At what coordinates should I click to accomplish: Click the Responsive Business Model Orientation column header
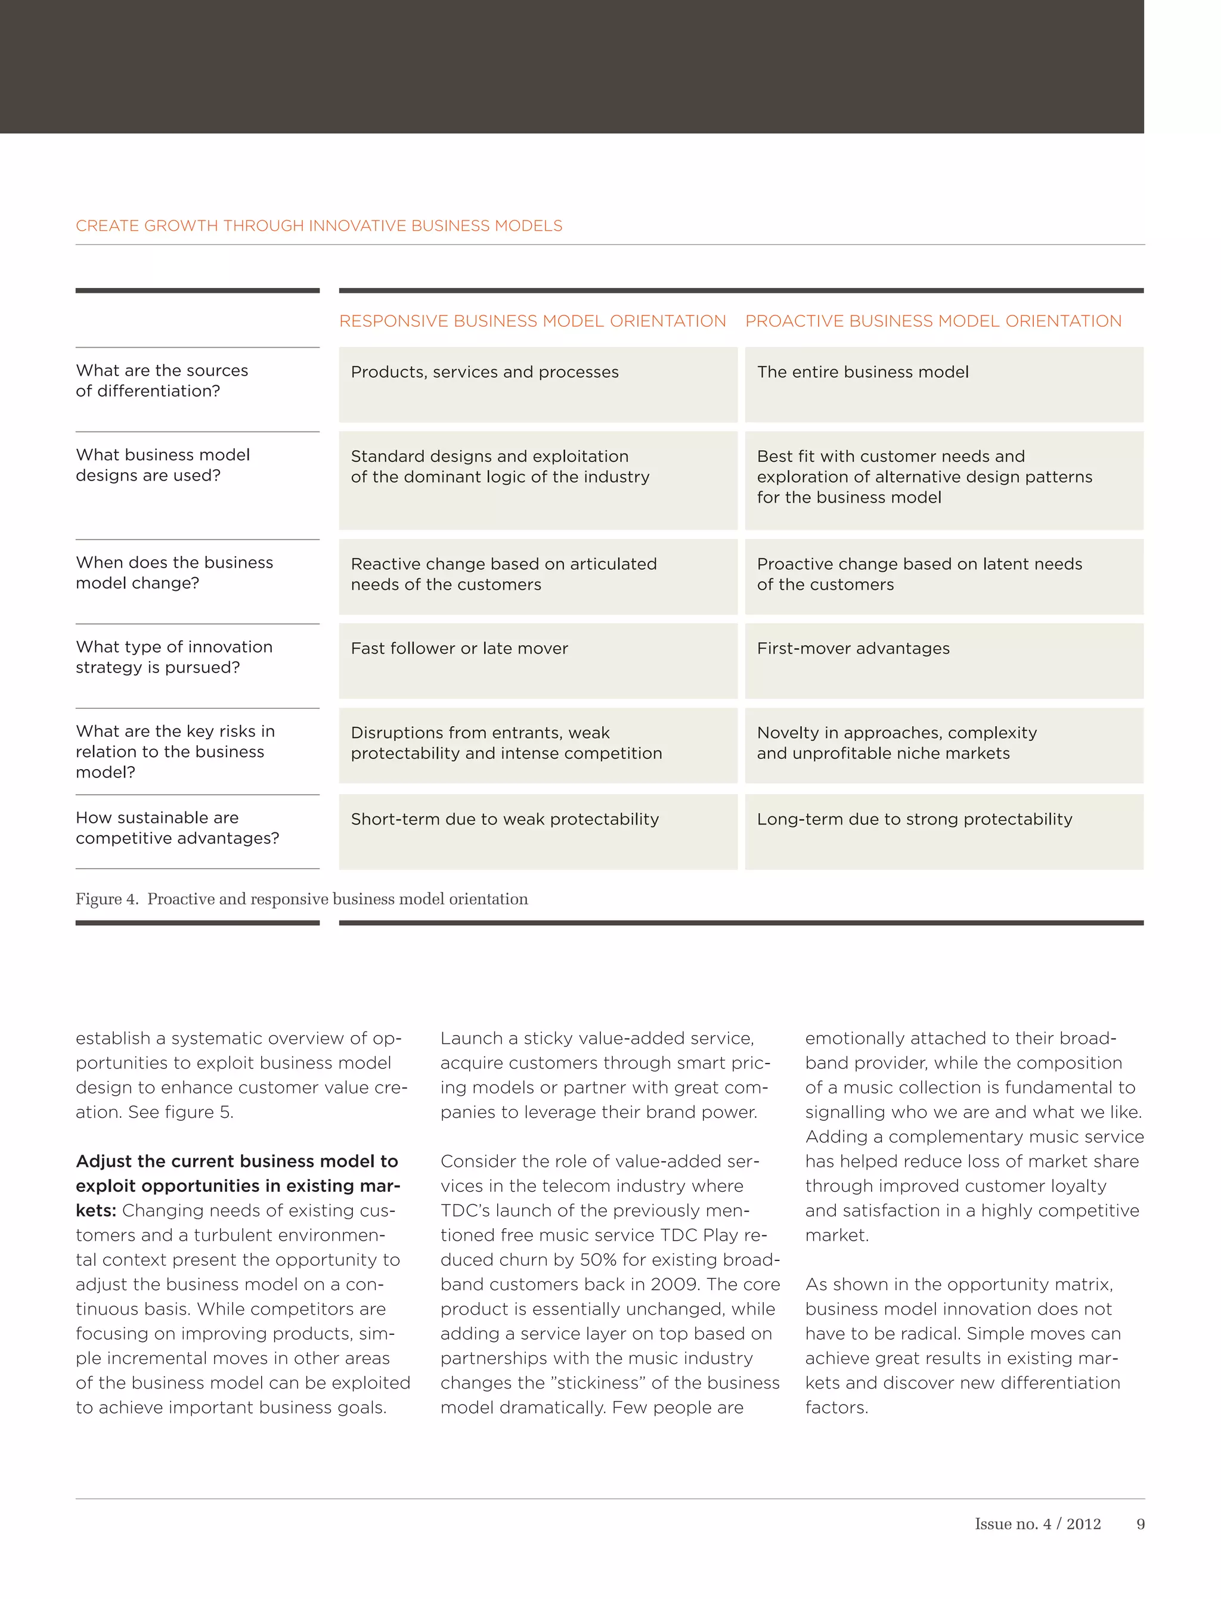pyautogui.click(x=532, y=321)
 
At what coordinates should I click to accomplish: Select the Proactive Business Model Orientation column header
pyautogui.click(x=932, y=321)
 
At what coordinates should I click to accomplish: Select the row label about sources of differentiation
pyautogui.click(x=162, y=381)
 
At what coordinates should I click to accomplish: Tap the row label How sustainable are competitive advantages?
pyautogui.click(x=176, y=828)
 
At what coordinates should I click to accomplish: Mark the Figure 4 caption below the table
pyautogui.click(x=302, y=899)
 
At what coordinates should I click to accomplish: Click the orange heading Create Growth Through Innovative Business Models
pyautogui.click(x=318, y=226)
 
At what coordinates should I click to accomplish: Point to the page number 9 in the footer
pyautogui.click(x=1139, y=1524)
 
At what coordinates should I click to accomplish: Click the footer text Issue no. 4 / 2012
pyautogui.click(x=1037, y=1524)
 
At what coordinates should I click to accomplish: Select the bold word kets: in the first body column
pyautogui.click(x=96, y=1211)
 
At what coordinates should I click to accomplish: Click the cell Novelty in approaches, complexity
pyautogui.click(x=896, y=733)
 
